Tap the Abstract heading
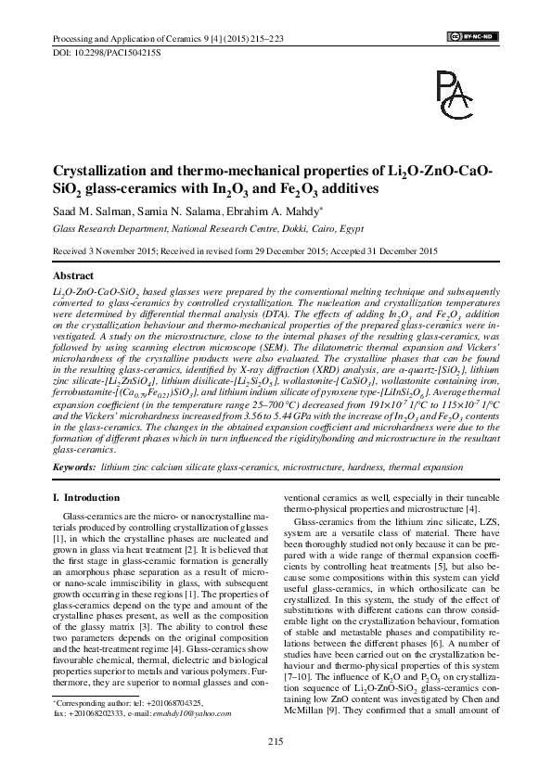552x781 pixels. pos(74,276)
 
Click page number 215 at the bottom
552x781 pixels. pos(275,739)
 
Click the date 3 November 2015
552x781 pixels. pos(120,250)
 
